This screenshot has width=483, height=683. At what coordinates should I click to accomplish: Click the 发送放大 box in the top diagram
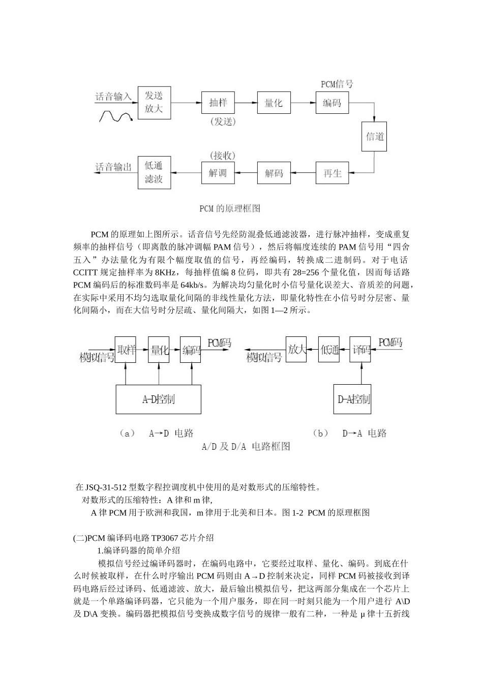coord(154,102)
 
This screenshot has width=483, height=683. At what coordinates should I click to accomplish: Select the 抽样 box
coord(218,103)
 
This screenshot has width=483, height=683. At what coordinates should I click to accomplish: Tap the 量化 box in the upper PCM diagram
coord(274,103)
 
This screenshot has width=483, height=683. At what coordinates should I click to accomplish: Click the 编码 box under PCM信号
coord(332,103)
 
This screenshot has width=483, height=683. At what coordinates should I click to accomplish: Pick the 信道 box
coord(375,136)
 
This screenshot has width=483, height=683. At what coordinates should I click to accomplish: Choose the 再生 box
coord(332,173)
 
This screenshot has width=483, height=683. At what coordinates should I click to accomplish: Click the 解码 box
coord(274,173)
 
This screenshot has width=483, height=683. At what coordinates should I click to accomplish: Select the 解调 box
coord(218,173)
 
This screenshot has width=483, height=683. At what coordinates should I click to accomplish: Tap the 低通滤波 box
coord(154,173)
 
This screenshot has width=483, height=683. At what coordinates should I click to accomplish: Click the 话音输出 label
coord(114,167)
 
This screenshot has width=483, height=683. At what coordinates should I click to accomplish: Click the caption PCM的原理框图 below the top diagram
coord(230,208)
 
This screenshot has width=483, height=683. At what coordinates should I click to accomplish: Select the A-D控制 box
coord(158,399)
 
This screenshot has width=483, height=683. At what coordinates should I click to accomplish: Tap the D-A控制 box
coord(354,399)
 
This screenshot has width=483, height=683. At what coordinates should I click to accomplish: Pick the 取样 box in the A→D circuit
coord(126,350)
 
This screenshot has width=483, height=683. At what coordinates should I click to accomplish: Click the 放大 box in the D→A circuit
coord(296,350)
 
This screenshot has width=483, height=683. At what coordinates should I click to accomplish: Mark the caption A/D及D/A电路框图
coord(246,447)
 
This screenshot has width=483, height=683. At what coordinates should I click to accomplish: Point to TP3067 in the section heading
coord(168,538)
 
